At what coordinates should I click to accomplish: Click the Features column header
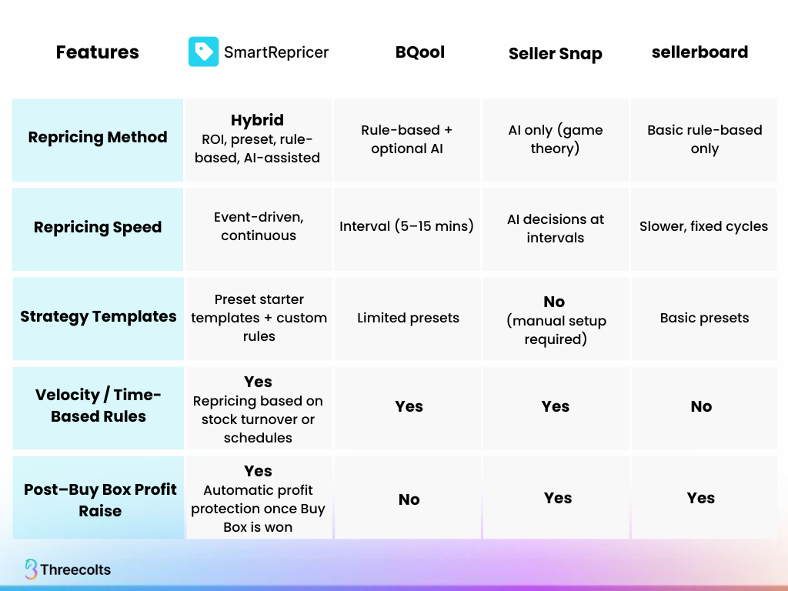[x=98, y=52]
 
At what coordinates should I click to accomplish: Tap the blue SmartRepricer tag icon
[x=203, y=52]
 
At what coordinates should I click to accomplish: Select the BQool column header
[x=420, y=52]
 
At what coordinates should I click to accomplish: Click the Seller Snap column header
[x=556, y=53]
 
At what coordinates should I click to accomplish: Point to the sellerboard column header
[x=700, y=52]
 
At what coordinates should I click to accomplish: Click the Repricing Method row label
[x=98, y=137]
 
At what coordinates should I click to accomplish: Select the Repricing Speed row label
[x=98, y=227]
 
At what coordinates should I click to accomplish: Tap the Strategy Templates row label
[x=98, y=316]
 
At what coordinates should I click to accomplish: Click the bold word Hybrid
[x=257, y=120]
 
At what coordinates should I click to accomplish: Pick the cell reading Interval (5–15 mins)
[x=406, y=226]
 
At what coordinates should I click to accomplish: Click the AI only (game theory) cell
[x=556, y=139]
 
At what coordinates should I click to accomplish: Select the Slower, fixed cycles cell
[x=703, y=226]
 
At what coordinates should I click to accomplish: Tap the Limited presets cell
[x=408, y=318]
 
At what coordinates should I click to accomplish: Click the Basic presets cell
[x=705, y=318]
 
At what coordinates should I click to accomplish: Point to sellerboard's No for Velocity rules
[x=701, y=406]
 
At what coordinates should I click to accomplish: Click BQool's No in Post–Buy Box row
[x=409, y=499]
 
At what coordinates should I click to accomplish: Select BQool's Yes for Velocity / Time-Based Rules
[x=409, y=406]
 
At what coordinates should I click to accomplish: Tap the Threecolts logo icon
[x=31, y=569]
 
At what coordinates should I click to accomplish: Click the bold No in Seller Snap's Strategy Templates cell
[x=554, y=302]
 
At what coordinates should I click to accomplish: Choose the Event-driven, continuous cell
[x=259, y=226]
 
